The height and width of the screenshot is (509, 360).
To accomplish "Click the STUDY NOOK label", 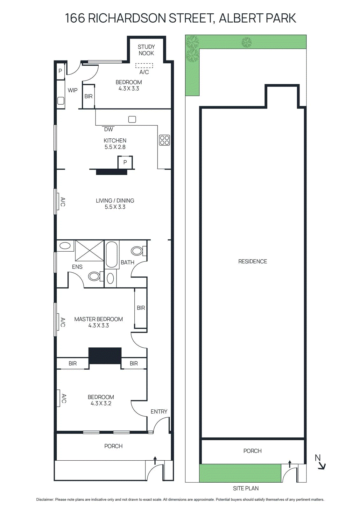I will tap(146, 50).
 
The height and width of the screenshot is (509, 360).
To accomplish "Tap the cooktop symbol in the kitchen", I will tap(165, 140).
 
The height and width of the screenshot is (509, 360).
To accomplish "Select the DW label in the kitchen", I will tap(109, 129).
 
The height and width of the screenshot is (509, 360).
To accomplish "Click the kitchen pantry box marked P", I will tap(125, 162).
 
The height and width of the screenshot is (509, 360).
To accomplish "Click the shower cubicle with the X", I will tap(89, 251).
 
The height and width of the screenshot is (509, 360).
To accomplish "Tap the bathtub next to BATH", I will tap(112, 254).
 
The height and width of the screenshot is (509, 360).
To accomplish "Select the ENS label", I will tap(77, 267).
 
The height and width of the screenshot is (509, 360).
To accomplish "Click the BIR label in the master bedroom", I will tap(141, 308).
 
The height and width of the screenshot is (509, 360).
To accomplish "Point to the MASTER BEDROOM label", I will tap(98, 319).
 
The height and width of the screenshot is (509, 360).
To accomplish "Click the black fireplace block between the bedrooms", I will tap(105, 356).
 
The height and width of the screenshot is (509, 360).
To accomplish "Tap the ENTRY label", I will tap(159, 412).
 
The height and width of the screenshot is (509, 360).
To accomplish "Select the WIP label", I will tap(73, 90).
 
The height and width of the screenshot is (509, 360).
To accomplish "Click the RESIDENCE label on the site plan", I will tap(252, 261).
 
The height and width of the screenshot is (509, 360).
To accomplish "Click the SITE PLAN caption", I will tap(246, 488).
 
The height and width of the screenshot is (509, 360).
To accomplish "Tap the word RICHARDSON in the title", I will tap(127, 18).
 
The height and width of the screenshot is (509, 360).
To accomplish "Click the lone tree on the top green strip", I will tap(247, 42).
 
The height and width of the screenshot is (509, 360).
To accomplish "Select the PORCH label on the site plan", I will tap(252, 451).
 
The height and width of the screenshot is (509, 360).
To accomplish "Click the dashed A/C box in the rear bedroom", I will tap(144, 66).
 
